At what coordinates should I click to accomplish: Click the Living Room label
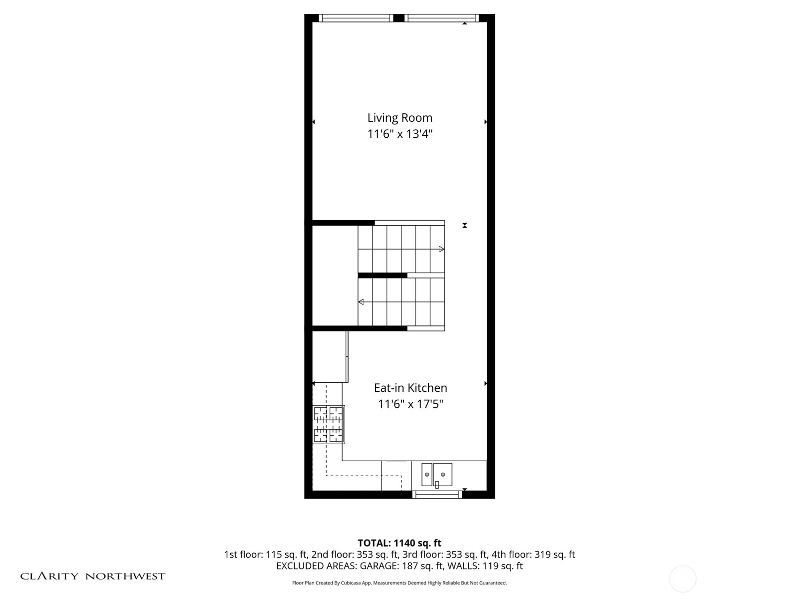tap(399, 118)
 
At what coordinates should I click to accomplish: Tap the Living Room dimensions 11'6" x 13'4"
tap(399, 134)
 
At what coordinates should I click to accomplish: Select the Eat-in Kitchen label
tap(410, 388)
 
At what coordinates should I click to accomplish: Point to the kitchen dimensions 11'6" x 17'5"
tap(410, 404)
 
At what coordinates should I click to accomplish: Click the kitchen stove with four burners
tap(328, 425)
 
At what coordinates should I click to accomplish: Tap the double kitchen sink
tap(436, 474)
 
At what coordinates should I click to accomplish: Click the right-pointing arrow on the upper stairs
tap(441, 249)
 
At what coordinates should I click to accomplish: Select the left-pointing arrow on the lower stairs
tap(361, 302)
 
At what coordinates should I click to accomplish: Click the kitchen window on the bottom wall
tap(437, 495)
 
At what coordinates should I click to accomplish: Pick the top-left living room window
tap(356, 18)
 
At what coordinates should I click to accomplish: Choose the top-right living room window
tap(441, 18)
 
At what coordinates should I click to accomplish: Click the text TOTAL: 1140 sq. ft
tap(399, 543)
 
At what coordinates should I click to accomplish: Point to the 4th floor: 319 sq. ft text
tap(533, 555)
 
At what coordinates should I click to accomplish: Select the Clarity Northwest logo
tap(92, 577)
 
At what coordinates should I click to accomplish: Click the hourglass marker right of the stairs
tap(464, 226)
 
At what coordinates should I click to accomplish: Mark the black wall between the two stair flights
tap(383, 276)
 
